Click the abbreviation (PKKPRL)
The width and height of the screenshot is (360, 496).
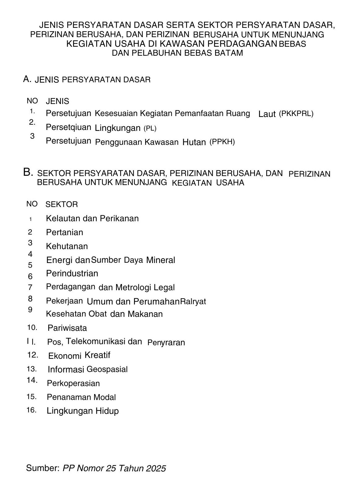pyautogui.click(x=296, y=114)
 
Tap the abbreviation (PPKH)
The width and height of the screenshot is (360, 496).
pyautogui.click(x=222, y=142)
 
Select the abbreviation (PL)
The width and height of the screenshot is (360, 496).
pyautogui.click(x=150, y=128)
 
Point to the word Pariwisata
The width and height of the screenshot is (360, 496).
pyautogui.click(x=67, y=328)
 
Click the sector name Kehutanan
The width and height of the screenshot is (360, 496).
pyautogui.click(x=67, y=246)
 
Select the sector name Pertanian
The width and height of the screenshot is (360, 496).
pyautogui.click(x=64, y=232)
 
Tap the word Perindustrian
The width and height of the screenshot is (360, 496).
pyautogui.click(x=72, y=274)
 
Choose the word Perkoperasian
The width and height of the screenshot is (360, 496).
pyautogui.click(x=73, y=383)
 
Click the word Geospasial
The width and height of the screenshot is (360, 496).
pyautogui.click(x=107, y=369)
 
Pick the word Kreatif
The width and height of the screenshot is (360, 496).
pyautogui.click(x=97, y=355)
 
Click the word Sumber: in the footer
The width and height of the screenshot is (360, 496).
pyautogui.click(x=43, y=468)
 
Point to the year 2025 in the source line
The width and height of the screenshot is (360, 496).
pyautogui.click(x=156, y=468)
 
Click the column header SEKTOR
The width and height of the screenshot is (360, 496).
pyautogui.click(x=62, y=205)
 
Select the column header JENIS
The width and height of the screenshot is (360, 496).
pyautogui.click(x=58, y=101)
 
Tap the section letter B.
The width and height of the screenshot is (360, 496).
pyautogui.click(x=28, y=172)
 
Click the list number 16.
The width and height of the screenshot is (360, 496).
pyautogui.click(x=32, y=410)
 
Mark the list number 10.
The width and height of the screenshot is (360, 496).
pyautogui.click(x=32, y=327)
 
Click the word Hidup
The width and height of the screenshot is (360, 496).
pyautogui.click(x=107, y=411)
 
